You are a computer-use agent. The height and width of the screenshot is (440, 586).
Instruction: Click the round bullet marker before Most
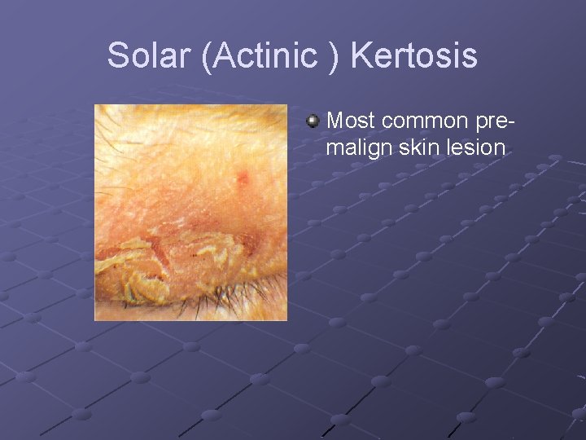(x=313, y=121)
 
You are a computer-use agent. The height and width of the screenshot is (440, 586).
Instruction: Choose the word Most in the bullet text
(x=351, y=121)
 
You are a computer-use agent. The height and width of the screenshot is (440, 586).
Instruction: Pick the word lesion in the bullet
(x=473, y=147)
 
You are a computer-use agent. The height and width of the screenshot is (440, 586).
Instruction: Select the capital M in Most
(x=335, y=121)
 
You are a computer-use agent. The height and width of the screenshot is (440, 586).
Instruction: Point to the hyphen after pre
(x=512, y=122)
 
